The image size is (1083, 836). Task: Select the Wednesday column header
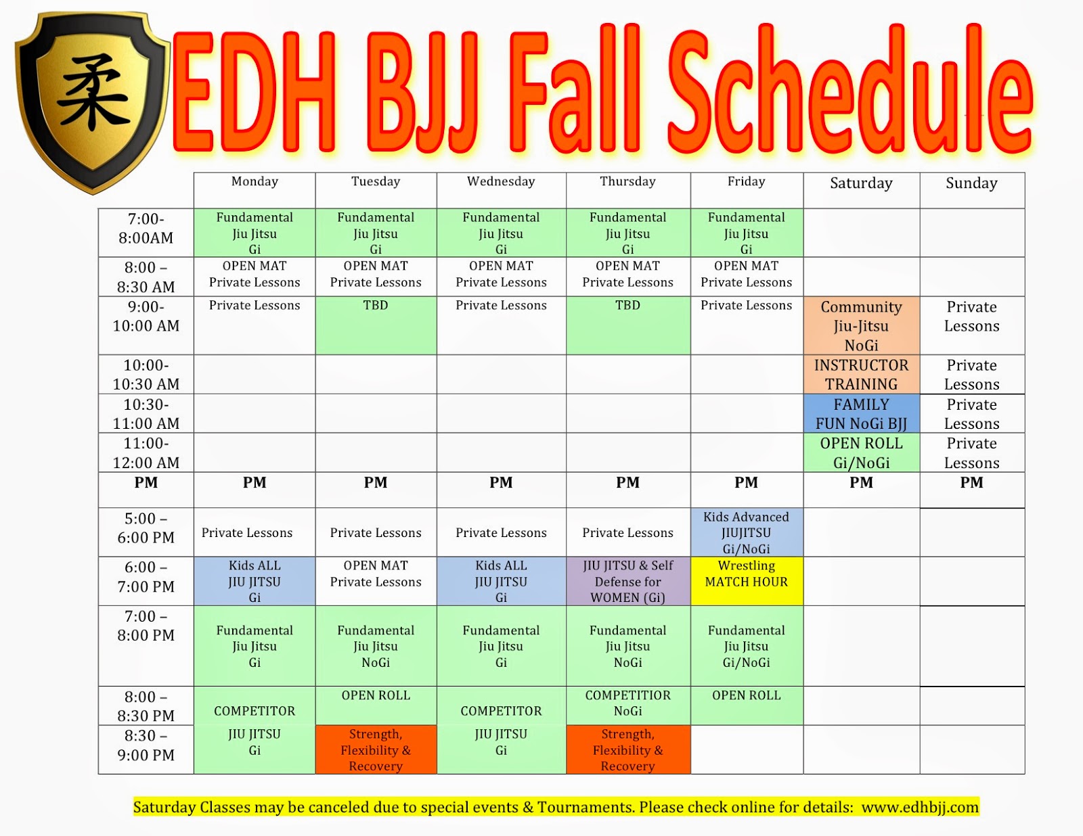pyautogui.click(x=501, y=181)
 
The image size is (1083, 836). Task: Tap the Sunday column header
pyautogui.click(x=971, y=183)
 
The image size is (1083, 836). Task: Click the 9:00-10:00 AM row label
pyautogui.click(x=146, y=317)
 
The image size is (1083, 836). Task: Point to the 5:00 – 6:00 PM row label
pyautogui.click(x=146, y=528)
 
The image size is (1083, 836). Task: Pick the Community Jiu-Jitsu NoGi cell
pyautogui.click(x=861, y=326)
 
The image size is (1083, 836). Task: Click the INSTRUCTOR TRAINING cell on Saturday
pyautogui.click(x=861, y=375)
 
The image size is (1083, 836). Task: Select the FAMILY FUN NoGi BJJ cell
pyautogui.click(x=861, y=414)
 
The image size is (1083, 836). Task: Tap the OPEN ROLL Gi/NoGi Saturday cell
pyautogui.click(x=861, y=453)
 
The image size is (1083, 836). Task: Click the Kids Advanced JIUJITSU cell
pyautogui.click(x=746, y=532)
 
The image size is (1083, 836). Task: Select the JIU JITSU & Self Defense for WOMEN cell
pyautogui.click(x=627, y=581)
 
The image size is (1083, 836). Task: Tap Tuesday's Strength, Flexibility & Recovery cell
pyautogui.click(x=376, y=749)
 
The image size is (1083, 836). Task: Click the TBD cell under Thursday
pyautogui.click(x=627, y=325)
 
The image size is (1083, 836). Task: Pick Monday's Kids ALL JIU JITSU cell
pyautogui.click(x=255, y=581)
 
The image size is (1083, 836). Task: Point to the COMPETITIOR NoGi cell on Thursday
pyautogui.click(x=627, y=703)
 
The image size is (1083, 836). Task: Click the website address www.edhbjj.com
pyautogui.click(x=920, y=807)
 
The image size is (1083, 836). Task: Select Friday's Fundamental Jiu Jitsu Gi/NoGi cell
pyautogui.click(x=746, y=646)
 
